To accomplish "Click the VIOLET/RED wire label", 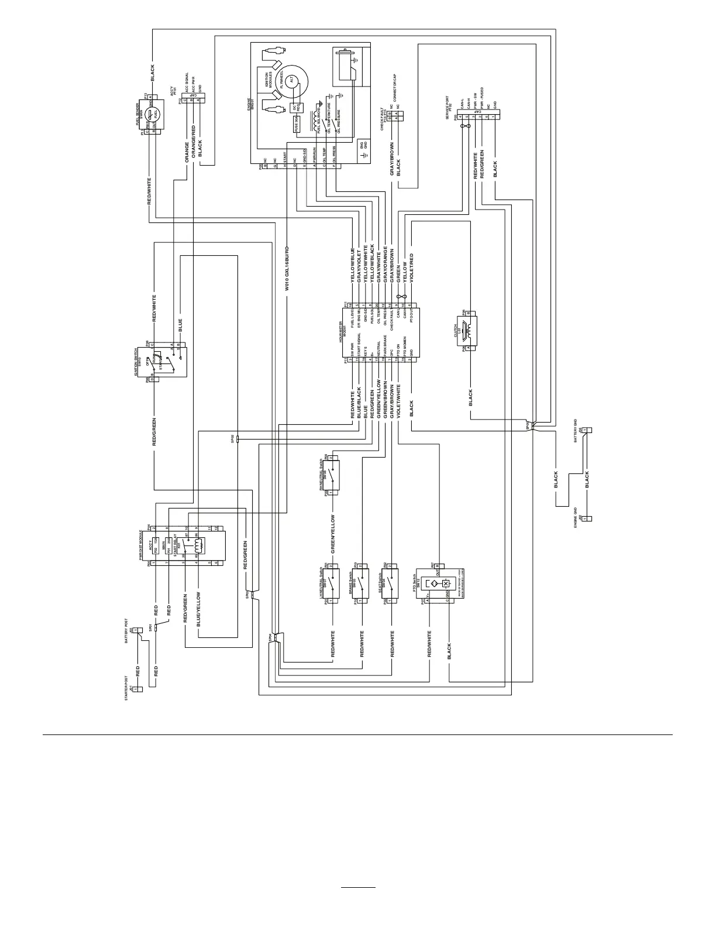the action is tap(411, 269).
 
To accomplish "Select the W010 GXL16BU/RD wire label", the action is tap(287, 269).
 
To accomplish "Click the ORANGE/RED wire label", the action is tap(193, 143).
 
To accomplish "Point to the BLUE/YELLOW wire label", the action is tap(199, 609).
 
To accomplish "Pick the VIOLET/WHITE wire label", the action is tap(398, 401).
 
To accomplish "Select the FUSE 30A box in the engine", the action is tap(296, 123).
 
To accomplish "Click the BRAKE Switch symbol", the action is tap(363, 583).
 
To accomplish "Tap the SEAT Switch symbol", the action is tap(392, 583).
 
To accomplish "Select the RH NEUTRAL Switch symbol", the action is tap(332, 475).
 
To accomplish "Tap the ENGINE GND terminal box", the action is tap(590, 519).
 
